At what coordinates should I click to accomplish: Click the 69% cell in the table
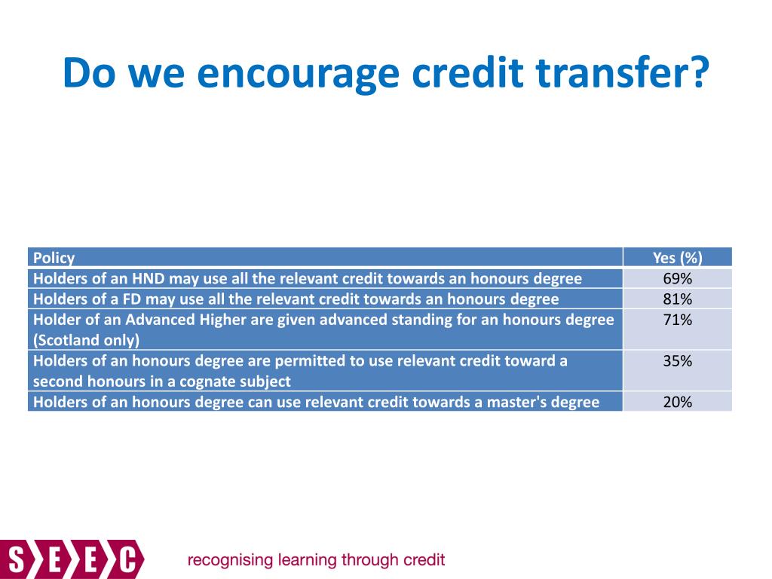click(x=678, y=279)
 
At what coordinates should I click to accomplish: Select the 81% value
click(x=678, y=299)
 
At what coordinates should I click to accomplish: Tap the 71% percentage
click(x=678, y=320)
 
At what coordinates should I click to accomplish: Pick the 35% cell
click(x=678, y=361)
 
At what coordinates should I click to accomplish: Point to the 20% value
click(x=678, y=403)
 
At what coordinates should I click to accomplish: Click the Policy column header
click(x=54, y=258)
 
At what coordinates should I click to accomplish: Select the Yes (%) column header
click(x=678, y=258)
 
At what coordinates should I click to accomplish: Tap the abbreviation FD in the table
click(x=131, y=299)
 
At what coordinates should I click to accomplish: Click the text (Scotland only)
click(x=86, y=340)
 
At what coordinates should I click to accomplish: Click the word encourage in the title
click(x=298, y=73)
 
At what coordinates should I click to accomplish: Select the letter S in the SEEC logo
click(x=17, y=560)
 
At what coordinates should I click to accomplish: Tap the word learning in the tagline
click(x=308, y=560)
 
